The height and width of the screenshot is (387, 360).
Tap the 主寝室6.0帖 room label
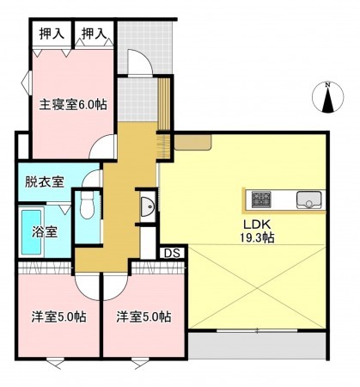[x=72, y=104]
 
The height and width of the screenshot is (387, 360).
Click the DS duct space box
[x=172, y=253]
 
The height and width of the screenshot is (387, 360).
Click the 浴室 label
[x=46, y=231]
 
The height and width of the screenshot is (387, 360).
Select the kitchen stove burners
[x=261, y=201]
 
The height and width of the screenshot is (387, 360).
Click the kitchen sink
[x=308, y=201]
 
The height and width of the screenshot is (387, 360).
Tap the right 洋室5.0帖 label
[x=144, y=316]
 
